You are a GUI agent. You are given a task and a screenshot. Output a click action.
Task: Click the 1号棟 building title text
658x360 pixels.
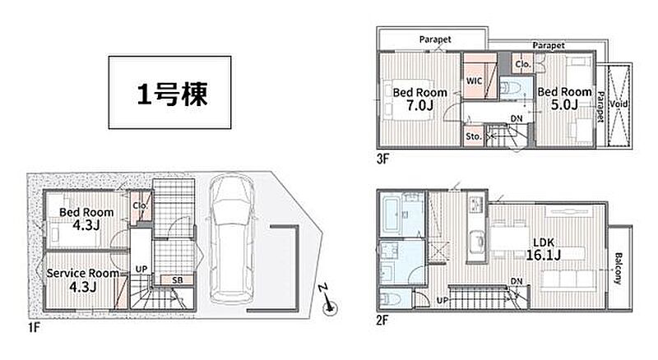point(172,94)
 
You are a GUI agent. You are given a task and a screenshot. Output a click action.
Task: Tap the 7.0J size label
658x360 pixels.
point(419,105)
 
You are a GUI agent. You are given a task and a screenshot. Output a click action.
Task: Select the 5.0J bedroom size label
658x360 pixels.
point(564,104)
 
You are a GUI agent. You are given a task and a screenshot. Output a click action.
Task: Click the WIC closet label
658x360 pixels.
point(475,81)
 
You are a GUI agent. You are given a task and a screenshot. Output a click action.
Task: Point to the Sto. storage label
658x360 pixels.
point(474,136)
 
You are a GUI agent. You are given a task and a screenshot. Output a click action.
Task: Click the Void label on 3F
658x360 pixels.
point(619,104)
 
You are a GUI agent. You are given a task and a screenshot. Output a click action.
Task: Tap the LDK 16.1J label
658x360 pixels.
point(544,249)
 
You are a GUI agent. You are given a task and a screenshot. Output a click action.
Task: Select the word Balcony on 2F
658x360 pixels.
point(619,269)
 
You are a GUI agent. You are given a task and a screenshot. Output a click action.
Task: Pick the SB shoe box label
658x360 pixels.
point(177,279)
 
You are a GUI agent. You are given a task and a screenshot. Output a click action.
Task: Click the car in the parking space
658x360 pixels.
point(231,238)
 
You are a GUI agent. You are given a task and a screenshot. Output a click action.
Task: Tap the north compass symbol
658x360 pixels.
point(329,301)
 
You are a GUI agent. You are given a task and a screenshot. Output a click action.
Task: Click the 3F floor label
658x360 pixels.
point(382,159)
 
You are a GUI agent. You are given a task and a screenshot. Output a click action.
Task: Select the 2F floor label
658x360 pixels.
point(382,321)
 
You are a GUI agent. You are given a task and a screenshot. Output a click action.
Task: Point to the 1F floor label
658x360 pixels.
point(34,327)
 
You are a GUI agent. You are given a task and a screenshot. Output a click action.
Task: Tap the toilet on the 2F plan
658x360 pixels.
point(390,299)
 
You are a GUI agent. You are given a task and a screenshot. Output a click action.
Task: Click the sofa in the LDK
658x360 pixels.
point(568,279)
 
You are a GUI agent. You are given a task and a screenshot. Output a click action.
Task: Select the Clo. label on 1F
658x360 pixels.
point(140,205)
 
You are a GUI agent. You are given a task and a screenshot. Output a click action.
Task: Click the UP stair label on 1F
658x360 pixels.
point(141,269)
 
